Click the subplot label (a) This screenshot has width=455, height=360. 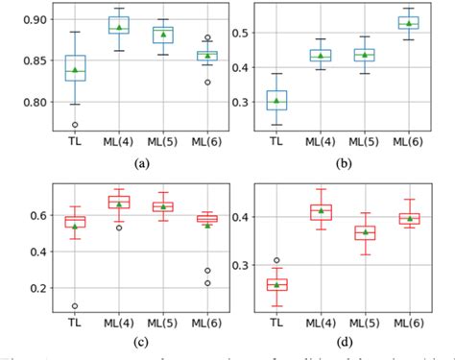143,164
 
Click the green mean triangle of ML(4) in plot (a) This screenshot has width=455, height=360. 119,28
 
